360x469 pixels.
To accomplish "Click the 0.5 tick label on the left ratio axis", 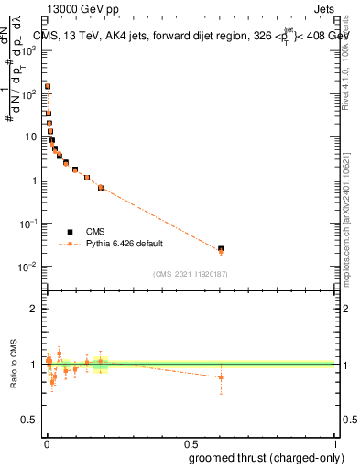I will pyautogui.click(x=31, y=420).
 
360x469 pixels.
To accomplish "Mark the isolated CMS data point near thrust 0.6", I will pyautogui.click(x=221, y=248).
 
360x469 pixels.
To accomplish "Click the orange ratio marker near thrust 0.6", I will pyautogui.click(x=221, y=377).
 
